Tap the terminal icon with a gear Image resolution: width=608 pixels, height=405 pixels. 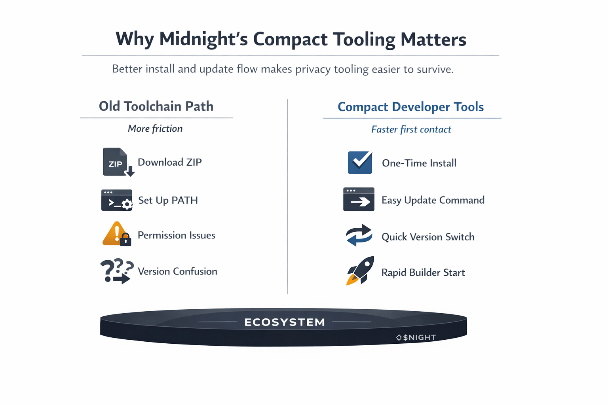point(117,200)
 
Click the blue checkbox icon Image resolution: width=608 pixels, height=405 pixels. point(360,163)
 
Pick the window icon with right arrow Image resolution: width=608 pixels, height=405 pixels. point(359,199)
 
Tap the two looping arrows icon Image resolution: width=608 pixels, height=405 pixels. point(359,236)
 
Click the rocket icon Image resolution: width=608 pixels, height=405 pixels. point(360,271)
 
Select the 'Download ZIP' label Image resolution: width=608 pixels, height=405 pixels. point(170,162)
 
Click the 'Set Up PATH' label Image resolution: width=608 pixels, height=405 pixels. point(168,201)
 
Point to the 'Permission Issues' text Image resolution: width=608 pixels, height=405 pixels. point(177,235)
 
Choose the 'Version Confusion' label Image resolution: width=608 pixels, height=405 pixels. point(177,271)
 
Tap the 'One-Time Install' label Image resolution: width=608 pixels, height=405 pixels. point(419,163)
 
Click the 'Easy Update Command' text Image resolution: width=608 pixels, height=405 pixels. point(433,200)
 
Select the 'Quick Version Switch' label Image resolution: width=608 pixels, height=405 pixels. point(428,237)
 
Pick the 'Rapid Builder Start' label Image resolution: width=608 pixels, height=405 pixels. point(423,273)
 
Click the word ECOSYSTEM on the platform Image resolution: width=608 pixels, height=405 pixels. point(285,322)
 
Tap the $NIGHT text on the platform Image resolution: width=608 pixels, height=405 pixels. point(419,337)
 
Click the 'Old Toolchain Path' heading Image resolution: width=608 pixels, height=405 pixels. point(156,106)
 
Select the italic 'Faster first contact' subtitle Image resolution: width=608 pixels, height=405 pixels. point(411,129)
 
